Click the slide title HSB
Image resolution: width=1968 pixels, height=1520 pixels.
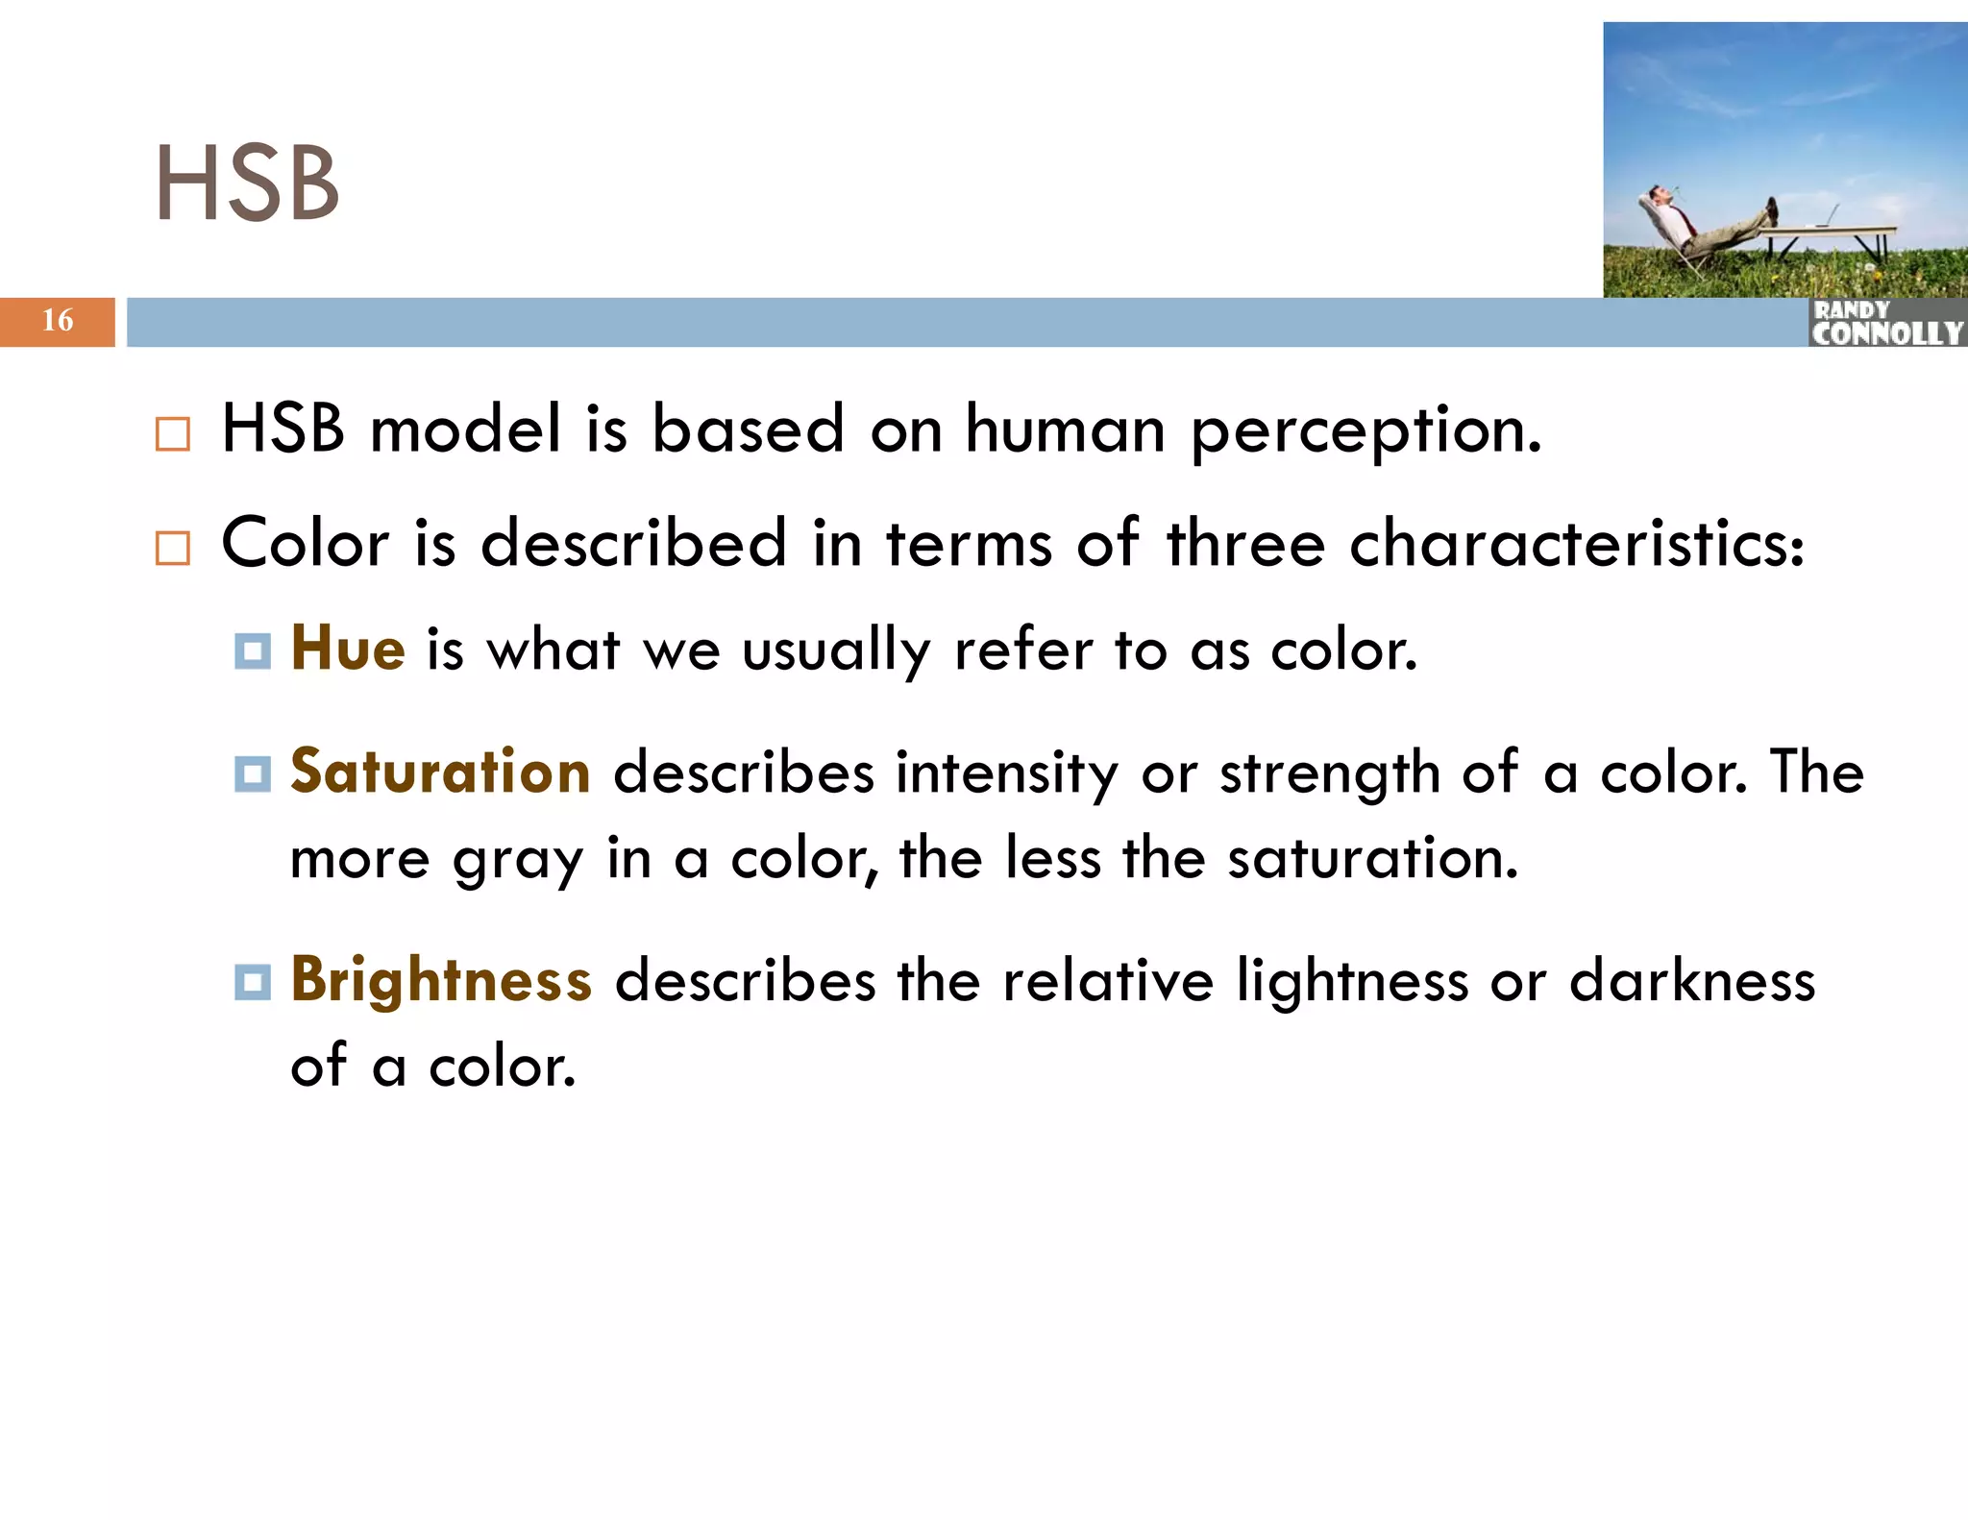tap(247, 183)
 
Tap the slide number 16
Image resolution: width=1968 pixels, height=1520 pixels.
tap(58, 320)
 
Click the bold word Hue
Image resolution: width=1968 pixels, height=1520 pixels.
tap(348, 649)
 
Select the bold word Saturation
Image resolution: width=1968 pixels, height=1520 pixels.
tap(440, 772)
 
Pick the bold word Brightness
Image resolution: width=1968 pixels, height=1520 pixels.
tap(441, 980)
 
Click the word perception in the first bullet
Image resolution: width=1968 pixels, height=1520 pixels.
tap(1365, 430)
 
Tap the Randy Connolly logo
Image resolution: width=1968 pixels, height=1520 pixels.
tap(1887, 323)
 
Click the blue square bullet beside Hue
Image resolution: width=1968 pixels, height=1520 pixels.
tap(253, 651)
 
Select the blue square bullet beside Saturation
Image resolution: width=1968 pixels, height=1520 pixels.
tap(253, 773)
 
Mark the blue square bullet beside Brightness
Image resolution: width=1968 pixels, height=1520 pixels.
tap(253, 982)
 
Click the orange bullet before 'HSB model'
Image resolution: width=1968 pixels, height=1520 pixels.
tap(173, 434)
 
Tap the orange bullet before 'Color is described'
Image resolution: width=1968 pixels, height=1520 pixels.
tap(173, 548)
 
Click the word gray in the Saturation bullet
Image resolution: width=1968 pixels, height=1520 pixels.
tap(518, 860)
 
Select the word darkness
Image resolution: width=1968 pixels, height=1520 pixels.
tap(1692, 981)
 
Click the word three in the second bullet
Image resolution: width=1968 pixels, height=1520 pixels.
tap(1245, 544)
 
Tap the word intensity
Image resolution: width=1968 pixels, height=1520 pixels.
tap(1006, 773)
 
